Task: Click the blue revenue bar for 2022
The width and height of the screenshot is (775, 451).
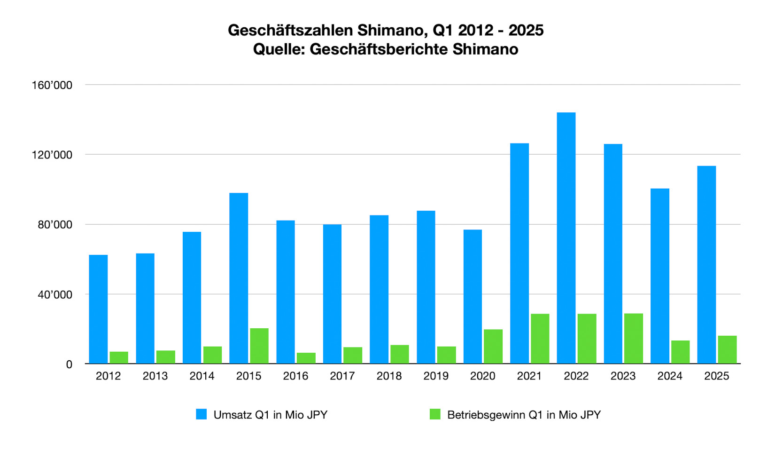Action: point(566,237)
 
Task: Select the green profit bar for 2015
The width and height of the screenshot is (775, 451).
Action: point(259,346)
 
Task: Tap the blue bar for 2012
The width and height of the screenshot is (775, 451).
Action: point(98,309)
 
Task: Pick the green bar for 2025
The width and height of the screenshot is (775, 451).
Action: point(727,349)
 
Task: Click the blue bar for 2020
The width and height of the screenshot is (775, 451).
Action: point(473,296)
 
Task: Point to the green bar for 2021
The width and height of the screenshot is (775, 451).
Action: point(540,339)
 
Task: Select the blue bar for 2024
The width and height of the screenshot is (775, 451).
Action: point(660,276)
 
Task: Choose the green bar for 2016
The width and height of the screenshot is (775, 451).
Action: point(306,358)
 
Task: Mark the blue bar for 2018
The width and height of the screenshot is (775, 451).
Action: point(379,289)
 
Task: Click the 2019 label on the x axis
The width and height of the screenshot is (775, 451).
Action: point(436,376)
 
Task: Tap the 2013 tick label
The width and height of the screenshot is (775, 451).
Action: point(155,376)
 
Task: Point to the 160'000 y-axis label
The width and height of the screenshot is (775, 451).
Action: point(52,85)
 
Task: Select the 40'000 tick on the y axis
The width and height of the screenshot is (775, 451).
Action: point(55,295)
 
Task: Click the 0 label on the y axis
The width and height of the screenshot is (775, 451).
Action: point(69,364)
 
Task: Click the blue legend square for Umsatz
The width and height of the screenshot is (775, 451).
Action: point(201,414)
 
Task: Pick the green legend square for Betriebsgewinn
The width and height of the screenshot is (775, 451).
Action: point(435,414)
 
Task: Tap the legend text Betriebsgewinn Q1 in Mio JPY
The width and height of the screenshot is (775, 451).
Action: point(524,415)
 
